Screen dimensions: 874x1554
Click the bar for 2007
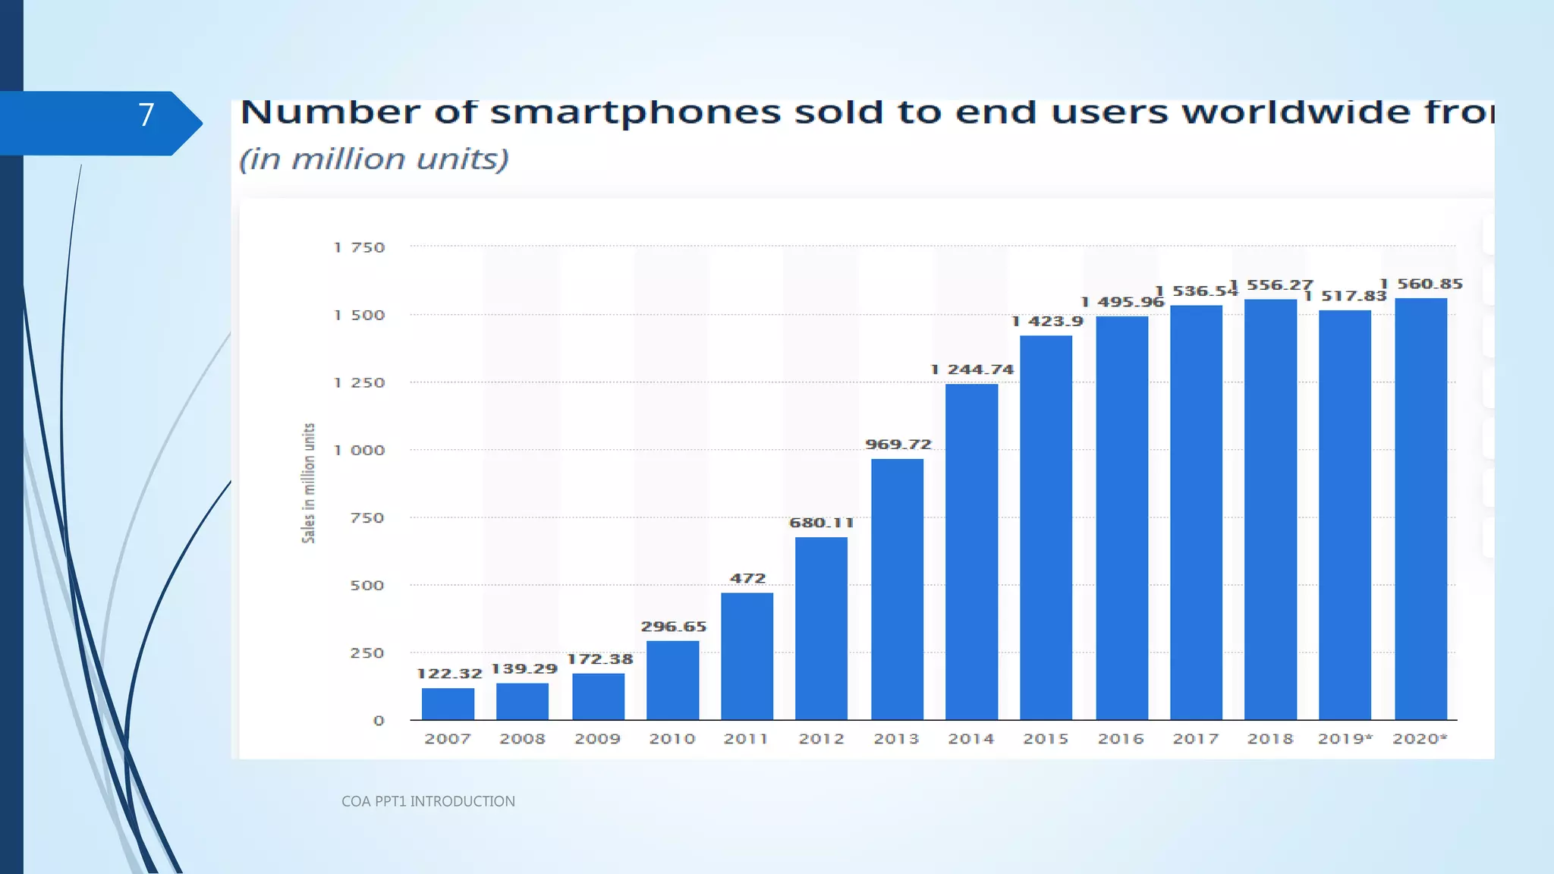pyautogui.click(x=448, y=703)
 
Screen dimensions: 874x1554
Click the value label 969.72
pyautogui.click(x=898, y=445)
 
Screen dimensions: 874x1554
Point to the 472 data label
pyautogui.click(x=747, y=578)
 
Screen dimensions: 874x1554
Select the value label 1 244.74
pyautogui.click(x=972, y=369)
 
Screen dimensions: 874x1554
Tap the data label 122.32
pyautogui.click(x=449, y=673)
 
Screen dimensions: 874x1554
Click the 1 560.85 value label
pyautogui.click(x=1420, y=284)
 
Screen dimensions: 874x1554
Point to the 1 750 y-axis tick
pyautogui.click(x=360, y=247)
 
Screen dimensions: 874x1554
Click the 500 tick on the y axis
pyautogui.click(x=367, y=586)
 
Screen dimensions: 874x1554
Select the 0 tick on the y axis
pyautogui.click(x=379, y=721)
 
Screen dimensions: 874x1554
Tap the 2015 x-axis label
pyautogui.click(x=1046, y=739)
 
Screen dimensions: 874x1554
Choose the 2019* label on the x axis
pyautogui.click(x=1345, y=739)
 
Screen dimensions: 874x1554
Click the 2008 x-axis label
pyautogui.click(x=522, y=739)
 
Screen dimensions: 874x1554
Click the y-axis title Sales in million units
pyautogui.click(x=308, y=483)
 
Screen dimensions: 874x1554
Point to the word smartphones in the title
pyautogui.click(x=636, y=112)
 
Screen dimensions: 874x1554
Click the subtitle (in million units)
pyautogui.click(x=374, y=159)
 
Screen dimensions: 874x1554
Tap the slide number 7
pyautogui.click(x=146, y=115)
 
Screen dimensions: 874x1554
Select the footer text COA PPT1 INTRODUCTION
pyautogui.click(x=428, y=801)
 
